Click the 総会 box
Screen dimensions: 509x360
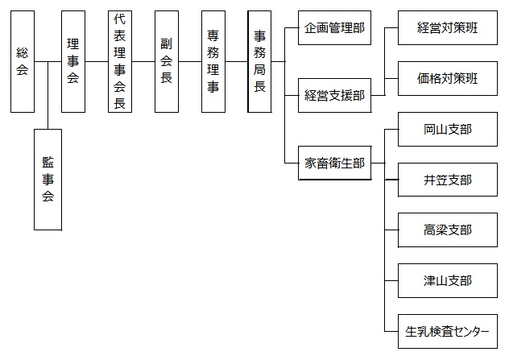pos(23,62)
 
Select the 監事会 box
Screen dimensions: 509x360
pos(48,180)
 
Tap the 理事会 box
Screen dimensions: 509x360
pos(73,62)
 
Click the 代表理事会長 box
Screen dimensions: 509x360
pos(120,62)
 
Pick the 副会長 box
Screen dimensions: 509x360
pos(167,62)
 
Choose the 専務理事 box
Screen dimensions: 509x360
pos(213,62)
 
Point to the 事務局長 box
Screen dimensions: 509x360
pos(259,62)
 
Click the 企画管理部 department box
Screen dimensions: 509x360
pos(335,28)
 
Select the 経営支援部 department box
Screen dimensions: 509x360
pos(335,96)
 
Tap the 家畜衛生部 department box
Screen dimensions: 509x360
pos(335,163)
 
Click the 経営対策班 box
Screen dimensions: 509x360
pos(448,28)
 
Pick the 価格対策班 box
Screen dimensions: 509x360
pos(448,79)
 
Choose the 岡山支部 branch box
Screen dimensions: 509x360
pos(448,129)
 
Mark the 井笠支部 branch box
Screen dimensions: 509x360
pos(448,180)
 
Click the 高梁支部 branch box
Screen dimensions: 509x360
pos(448,230)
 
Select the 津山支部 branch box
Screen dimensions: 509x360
pos(448,281)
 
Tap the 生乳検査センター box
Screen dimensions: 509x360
pos(448,332)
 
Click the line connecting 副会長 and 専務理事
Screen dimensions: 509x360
pos(190,61)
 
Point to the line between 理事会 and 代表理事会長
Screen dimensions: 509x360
pos(97,61)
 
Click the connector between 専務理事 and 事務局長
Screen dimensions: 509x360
pos(236,61)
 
